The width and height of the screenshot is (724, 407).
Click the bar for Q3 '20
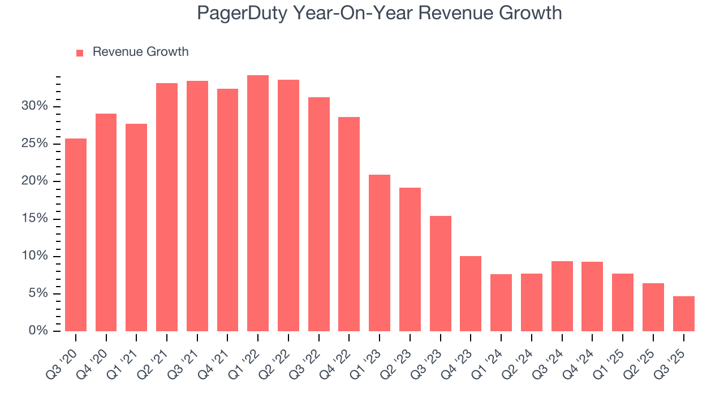click(x=76, y=235)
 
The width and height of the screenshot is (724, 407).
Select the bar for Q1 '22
click(x=258, y=203)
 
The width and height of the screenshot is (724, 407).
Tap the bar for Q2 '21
click(x=167, y=207)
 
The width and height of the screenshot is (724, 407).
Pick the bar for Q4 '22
click(x=349, y=224)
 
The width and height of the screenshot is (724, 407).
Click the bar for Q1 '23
click(x=380, y=253)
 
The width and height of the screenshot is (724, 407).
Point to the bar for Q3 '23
click(x=440, y=274)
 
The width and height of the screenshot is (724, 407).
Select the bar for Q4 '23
click(x=471, y=293)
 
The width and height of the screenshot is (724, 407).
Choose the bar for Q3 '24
click(x=562, y=296)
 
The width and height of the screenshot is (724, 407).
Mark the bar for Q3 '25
click(x=683, y=314)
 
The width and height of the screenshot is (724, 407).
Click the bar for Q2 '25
click(x=653, y=307)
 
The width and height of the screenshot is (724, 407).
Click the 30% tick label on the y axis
click(x=33, y=106)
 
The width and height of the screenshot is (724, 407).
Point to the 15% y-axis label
click(x=33, y=219)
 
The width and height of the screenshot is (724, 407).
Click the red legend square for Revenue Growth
click(x=80, y=53)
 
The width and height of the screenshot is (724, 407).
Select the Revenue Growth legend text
click(x=140, y=52)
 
